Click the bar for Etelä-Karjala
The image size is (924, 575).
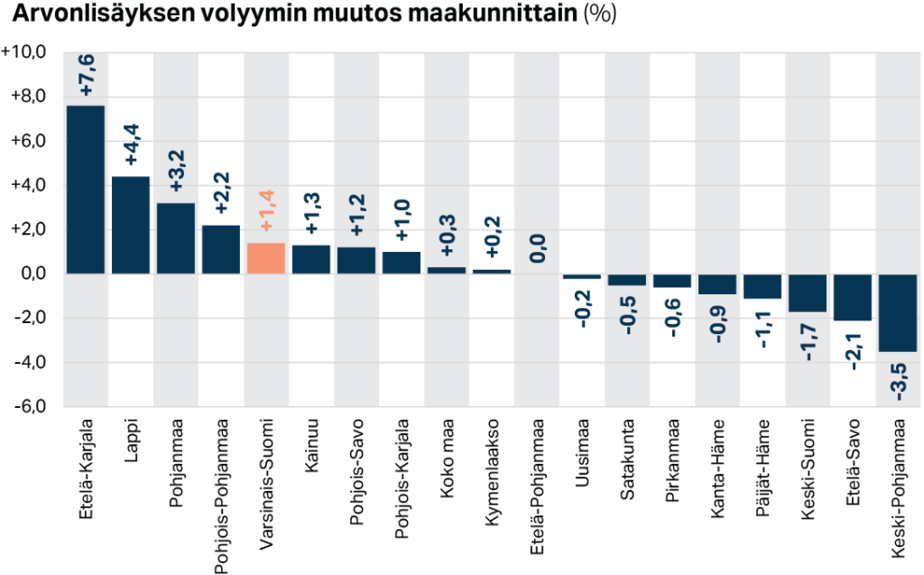tap(86, 190)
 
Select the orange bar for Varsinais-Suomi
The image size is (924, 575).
tap(266, 258)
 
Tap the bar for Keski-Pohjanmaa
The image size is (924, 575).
tap(898, 312)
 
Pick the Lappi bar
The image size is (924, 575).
tap(131, 225)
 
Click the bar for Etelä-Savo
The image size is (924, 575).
tap(853, 297)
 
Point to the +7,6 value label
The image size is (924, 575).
tap(87, 76)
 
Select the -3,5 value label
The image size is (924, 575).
tap(899, 378)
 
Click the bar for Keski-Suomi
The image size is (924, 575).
tap(808, 293)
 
